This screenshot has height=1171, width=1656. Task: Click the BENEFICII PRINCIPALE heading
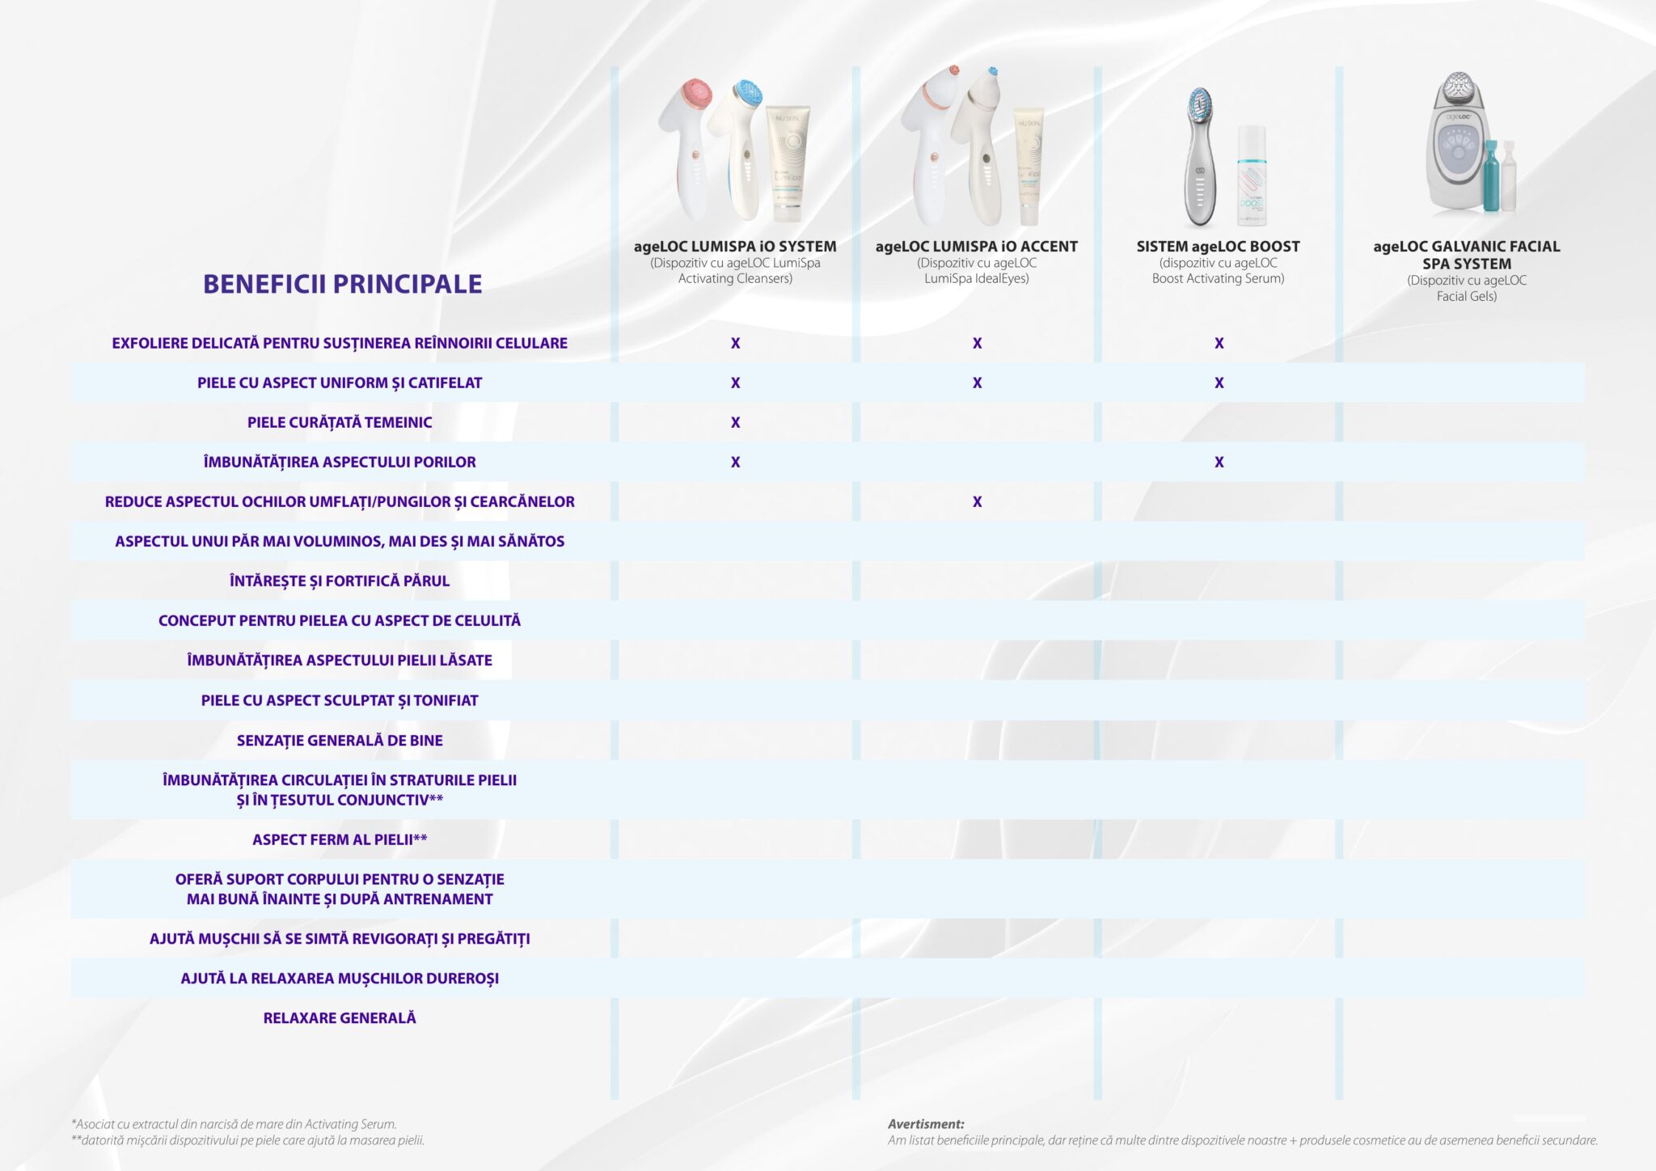click(x=342, y=284)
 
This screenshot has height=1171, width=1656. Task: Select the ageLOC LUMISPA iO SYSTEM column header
click(x=735, y=247)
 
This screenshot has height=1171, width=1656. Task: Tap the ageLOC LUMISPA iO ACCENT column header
click(x=976, y=247)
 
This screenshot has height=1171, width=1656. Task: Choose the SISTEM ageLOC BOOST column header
click(x=1218, y=247)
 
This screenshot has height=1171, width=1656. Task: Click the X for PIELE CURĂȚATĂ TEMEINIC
click(x=735, y=422)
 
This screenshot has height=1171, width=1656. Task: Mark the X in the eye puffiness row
click(x=977, y=502)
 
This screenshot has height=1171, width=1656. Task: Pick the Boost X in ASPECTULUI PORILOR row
click(x=1219, y=463)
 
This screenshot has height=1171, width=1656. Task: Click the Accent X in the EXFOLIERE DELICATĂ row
click(x=977, y=344)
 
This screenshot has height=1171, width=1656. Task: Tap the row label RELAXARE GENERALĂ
click(x=340, y=1018)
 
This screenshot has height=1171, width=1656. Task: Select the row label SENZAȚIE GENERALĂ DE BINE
click(x=340, y=741)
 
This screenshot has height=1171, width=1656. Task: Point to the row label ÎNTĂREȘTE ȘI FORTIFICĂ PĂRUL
click(x=340, y=581)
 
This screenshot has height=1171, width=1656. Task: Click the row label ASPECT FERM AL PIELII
click(x=340, y=840)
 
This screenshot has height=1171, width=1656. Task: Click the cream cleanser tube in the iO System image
click(x=787, y=166)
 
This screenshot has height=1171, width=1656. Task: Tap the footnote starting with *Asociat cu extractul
click(x=234, y=1124)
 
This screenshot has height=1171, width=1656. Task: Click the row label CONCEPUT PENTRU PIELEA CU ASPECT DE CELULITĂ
click(x=340, y=621)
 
